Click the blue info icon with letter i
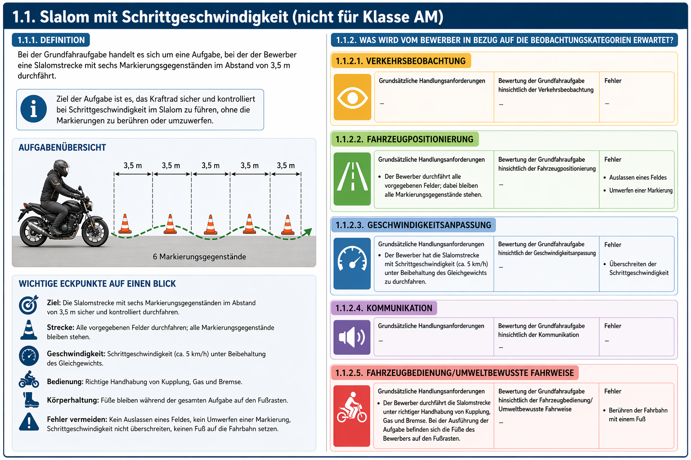(x=34, y=109)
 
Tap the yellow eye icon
(x=352, y=97)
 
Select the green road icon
(x=352, y=179)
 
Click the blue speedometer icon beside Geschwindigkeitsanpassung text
(x=352, y=263)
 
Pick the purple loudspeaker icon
(x=352, y=337)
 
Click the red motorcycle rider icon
(x=352, y=416)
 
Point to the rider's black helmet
(x=61, y=168)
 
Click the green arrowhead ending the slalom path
(x=308, y=232)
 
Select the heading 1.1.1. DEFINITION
(x=51, y=40)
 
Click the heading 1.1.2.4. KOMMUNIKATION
(x=384, y=308)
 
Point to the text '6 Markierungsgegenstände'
(x=199, y=257)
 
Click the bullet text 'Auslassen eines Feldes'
(x=637, y=177)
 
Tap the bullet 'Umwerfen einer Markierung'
(x=641, y=190)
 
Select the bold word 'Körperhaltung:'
(x=73, y=400)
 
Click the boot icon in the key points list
(x=31, y=400)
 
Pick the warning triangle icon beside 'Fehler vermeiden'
(x=29, y=422)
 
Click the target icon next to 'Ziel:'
(x=29, y=305)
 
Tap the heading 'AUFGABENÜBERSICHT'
(x=63, y=148)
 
